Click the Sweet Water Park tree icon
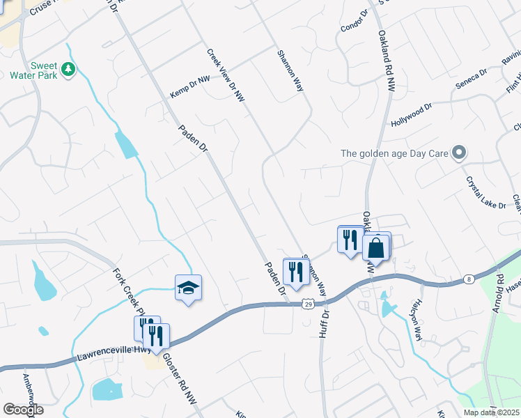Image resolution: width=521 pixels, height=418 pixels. tap(68, 69)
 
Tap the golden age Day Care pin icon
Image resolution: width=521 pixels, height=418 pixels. tap(458, 153)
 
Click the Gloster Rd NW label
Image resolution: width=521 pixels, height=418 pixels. tap(178, 379)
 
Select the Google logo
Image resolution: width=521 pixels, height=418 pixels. tap(23, 410)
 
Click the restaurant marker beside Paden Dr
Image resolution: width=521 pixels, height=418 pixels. tap(295, 272)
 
